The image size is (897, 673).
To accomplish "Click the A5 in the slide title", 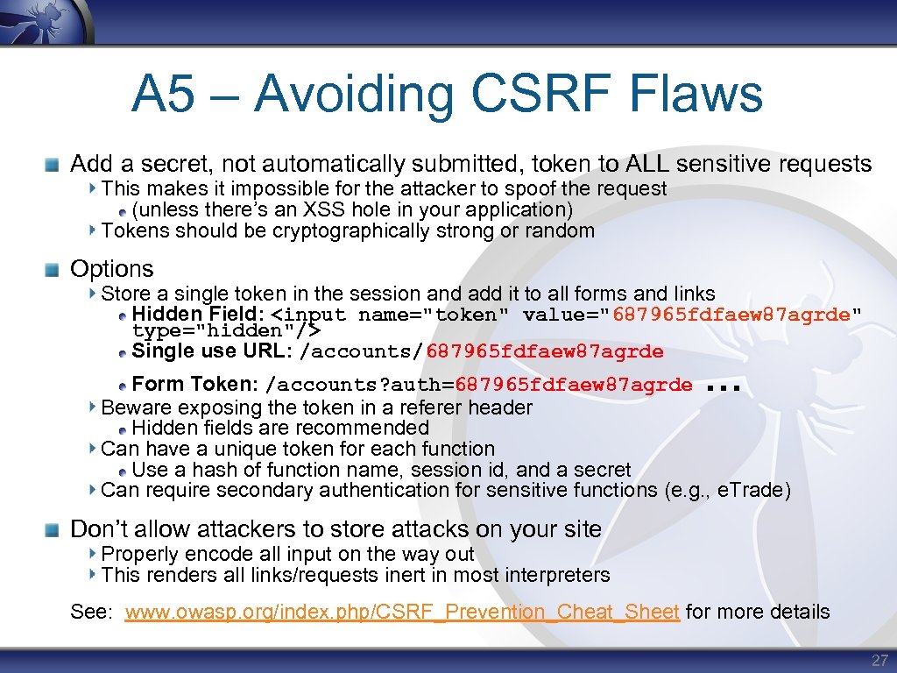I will point(164,95).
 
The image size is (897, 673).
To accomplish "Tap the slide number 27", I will point(879,660).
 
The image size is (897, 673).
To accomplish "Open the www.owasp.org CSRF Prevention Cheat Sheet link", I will point(402,612).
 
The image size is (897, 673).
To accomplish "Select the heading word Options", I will point(111,269).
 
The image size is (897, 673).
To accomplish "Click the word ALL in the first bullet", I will point(646,164).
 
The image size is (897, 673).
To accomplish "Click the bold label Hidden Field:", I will point(198,315).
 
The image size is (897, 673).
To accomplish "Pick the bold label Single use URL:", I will point(212,351).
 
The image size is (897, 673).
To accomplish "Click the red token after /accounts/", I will point(544,352).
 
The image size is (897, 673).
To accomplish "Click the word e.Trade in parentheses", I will point(751,491).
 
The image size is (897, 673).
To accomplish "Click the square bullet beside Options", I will point(54,269).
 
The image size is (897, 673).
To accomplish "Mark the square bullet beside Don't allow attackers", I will point(54,529).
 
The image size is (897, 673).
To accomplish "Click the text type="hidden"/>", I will point(226,331).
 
